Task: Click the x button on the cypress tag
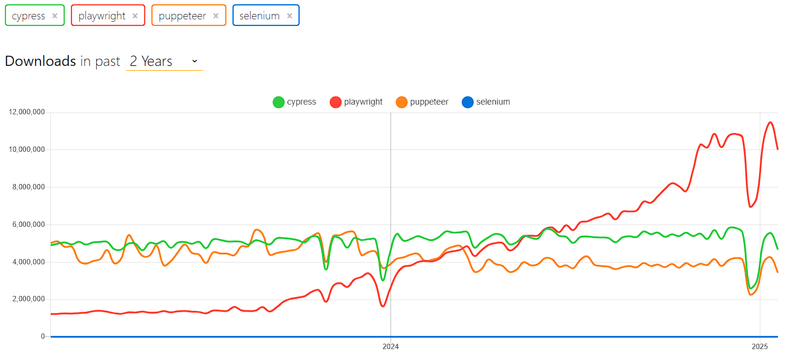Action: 54,16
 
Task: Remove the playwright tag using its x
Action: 135,16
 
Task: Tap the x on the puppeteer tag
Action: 216,16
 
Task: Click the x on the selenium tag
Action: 289,16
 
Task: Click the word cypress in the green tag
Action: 28,16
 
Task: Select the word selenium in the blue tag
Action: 259,16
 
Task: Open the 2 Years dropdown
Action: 164,61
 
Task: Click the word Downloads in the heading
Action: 40,61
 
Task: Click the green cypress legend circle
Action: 278,102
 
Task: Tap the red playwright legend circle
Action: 336,102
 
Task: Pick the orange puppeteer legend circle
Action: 401,102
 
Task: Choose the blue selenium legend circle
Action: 467,102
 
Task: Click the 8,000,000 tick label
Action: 28,187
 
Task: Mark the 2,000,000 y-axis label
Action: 28,299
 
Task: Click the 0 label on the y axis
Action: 43,336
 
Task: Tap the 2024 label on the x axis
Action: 390,347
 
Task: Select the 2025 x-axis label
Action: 760,347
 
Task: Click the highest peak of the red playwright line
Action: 770,122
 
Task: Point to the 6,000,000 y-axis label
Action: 28,224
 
